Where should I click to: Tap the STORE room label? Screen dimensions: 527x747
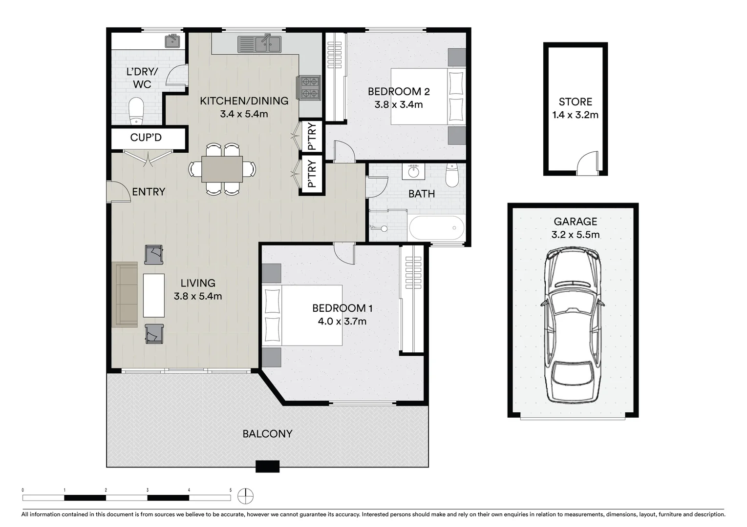pyautogui.click(x=575, y=102)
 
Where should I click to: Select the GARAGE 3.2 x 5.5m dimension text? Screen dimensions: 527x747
pyautogui.click(x=575, y=235)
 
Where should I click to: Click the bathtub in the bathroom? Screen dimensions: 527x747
pyautogui.click(x=436, y=228)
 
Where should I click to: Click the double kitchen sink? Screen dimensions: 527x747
pyautogui.click(x=259, y=44)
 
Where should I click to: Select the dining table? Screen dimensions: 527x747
pyautogui.click(x=222, y=169)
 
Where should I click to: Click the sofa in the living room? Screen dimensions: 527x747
pyautogui.click(x=125, y=294)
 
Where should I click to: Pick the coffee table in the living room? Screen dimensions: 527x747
pyautogui.click(x=153, y=295)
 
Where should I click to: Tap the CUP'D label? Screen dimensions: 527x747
pyautogui.click(x=146, y=138)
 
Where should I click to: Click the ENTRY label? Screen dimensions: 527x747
pyautogui.click(x=149, y=192)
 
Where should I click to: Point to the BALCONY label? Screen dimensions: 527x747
pyautogui.click(x=267, y=434)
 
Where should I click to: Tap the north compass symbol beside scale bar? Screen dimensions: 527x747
pyautogui.click(x=245, y=497)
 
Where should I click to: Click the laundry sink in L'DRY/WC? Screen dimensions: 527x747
pyautogui.click(x=172, y=41)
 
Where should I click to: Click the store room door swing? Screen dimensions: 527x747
pyautogui.click(x=587, y=163)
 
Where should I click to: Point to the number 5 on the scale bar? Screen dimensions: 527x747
pyautogui.click(x=231, y=490)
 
